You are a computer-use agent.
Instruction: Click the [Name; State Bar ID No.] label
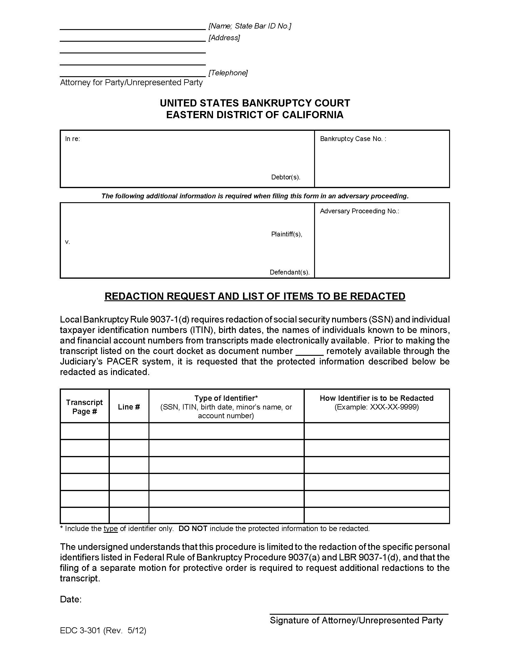coord(250,26)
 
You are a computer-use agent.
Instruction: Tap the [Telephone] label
coord(228,73)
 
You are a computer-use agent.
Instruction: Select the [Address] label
coord(224,38)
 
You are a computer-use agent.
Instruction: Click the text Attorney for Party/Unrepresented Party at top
coord(131,82)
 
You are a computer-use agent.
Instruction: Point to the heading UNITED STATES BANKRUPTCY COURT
coord(255,103)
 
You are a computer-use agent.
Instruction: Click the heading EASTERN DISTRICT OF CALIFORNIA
coord(255,115)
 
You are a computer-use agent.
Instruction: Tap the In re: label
coord(73,139)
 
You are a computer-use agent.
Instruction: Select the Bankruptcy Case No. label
coord(352,139)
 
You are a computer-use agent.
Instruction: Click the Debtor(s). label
coord(286,177)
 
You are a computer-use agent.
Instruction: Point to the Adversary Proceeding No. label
coord(359,211)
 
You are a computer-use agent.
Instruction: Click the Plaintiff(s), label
coord(286,234)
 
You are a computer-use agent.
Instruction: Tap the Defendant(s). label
coord(289,272)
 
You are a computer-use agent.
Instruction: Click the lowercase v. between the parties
coord(67,242)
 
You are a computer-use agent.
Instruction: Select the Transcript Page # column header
coord(84,407)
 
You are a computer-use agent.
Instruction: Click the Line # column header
coord(129,407)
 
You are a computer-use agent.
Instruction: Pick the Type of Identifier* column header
coord(226,398)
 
